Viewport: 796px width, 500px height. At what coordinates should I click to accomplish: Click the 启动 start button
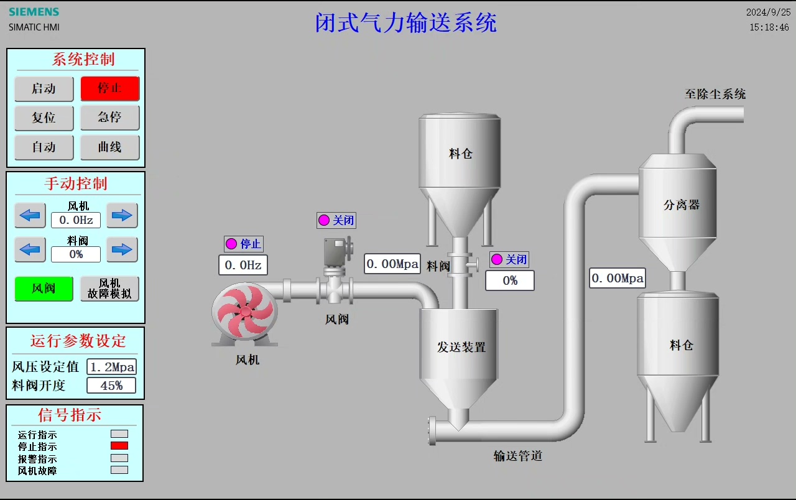coord(44,88)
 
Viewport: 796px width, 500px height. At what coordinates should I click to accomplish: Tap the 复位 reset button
coord(44,118)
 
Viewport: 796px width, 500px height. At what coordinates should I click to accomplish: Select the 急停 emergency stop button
coord(110,118)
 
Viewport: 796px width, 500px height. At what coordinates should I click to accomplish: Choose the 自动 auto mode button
coord(44,147)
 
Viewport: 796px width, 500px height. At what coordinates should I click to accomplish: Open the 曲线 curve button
coord(110,147)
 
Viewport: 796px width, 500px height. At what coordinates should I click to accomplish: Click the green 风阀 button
coord(44,289)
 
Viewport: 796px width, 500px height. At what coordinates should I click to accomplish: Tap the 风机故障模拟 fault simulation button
coord(110,289)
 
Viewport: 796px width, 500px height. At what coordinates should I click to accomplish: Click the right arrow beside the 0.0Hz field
coord(122,215)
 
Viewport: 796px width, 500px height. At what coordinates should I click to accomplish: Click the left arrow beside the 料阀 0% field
coord(30,250)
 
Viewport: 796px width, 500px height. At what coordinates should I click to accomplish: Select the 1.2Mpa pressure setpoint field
coord(112,367)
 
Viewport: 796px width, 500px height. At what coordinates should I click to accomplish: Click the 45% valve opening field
coord(112,386)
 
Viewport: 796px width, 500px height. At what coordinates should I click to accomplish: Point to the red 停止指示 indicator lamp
coord(119,446)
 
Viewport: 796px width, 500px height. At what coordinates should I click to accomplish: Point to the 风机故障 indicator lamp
coord(119,470)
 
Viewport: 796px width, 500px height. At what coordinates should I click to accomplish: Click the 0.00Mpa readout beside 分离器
coord(618,278)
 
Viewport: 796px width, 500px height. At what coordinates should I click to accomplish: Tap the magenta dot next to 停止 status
coord(231,244)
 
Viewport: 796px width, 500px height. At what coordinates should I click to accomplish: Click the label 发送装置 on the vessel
coord(461,347)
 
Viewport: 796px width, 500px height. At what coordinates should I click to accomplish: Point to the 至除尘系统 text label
coord(715,95)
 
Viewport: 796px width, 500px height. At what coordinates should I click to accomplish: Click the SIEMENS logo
coord(34,12)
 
